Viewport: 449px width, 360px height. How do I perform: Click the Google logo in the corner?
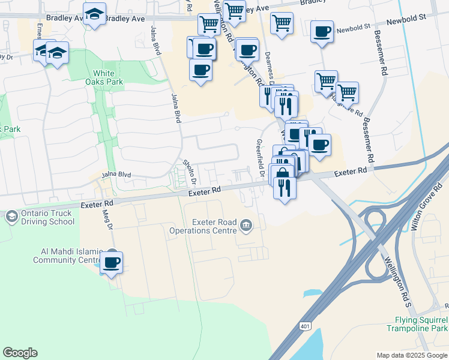(20, 353)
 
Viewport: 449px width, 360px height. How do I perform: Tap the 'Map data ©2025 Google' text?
(411, 355)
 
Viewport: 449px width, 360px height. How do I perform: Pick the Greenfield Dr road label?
(261, 157)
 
